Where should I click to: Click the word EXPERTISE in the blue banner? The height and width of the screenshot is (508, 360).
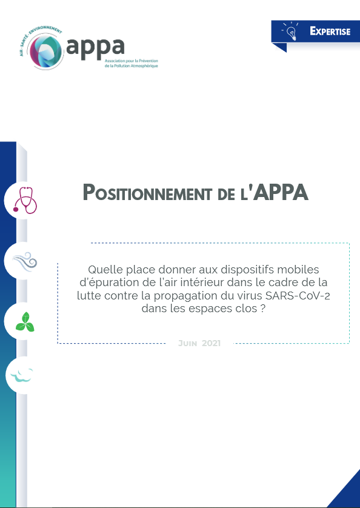click(x=330, y=31)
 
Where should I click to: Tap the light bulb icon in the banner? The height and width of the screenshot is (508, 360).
click(x=292, y=32)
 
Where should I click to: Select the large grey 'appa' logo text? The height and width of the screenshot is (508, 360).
click(x=95, y=47)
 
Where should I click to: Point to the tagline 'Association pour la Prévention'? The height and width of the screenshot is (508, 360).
click(x=132, y=61)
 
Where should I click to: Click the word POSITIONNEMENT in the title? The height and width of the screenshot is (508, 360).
click(x=147, y=192)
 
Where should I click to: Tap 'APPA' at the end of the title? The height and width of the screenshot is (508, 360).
click(x=280, y=192)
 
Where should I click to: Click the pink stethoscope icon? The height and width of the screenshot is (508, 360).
click(x=25, y=200)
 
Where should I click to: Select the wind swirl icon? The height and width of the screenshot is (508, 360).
click(x=25, y=261)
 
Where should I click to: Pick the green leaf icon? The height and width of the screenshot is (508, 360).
click(x=25, y=322)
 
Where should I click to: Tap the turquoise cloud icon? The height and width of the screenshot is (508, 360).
click(x=22, y=375)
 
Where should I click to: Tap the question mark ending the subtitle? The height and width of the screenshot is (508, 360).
click(x=263, y=309)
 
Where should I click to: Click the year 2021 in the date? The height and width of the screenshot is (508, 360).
click(x=211, y=343)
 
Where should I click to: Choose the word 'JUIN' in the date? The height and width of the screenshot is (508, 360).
click(x=188, y=343)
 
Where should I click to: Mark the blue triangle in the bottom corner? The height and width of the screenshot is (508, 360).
click(x=345, y=492)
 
